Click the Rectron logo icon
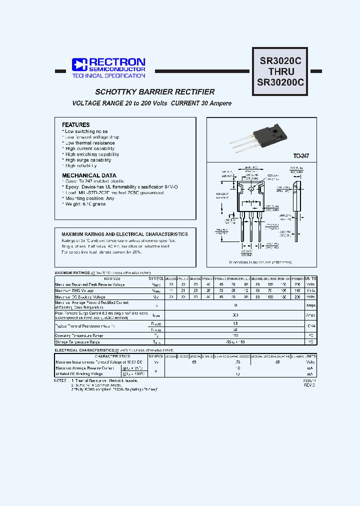tap(79, 64)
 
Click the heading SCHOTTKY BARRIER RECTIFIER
tap(155, 92)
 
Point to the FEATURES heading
tap(76, 125)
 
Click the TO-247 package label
tap(301, 156)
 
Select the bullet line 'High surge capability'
tap(88, 160)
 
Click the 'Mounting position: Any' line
tap(89, 198)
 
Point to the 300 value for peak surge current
tap(235, 315)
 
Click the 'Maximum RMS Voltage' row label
tap(75, 290)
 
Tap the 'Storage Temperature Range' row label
tap(78, 342)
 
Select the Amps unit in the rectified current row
tap(310, 304)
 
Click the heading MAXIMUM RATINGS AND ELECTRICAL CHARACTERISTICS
tap(125, 234)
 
